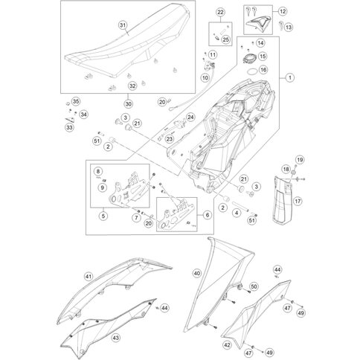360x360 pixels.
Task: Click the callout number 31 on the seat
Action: (x=123, y=25)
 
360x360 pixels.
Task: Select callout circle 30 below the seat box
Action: (x=128, y=104)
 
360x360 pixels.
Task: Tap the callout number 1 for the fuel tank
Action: (x=290, y=77)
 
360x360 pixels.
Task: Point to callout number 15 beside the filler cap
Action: (x=263, y=57)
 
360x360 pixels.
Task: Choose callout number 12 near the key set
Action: (x=283, y=11)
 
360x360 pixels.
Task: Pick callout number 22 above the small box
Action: (x=220, y=12)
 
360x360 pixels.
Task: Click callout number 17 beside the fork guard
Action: (x=298, y=201)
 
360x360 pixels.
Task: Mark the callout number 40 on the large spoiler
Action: (x=197, y=273)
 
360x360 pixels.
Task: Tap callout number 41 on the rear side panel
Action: (x=89, y=277)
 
